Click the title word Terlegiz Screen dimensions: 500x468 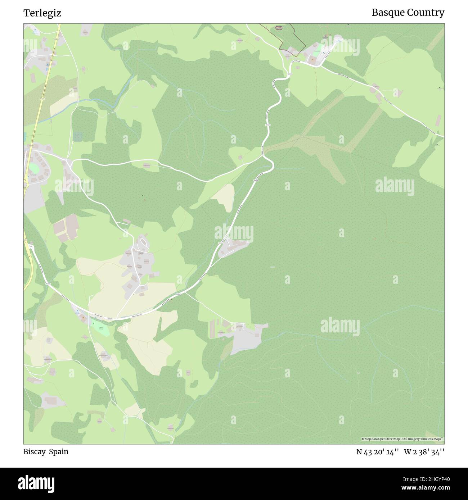click(42, 13)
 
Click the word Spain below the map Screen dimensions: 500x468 click(59, 451)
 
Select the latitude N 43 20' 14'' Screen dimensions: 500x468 click(377, 452)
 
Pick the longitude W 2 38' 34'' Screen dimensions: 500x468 click(424, 452)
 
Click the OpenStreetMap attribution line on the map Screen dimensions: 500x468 click(402, 439)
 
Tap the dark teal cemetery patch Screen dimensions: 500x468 click(78, 136)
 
